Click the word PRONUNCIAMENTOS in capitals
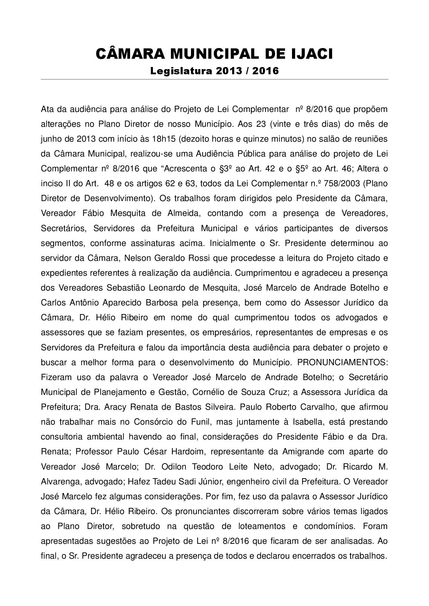point(343,362)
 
